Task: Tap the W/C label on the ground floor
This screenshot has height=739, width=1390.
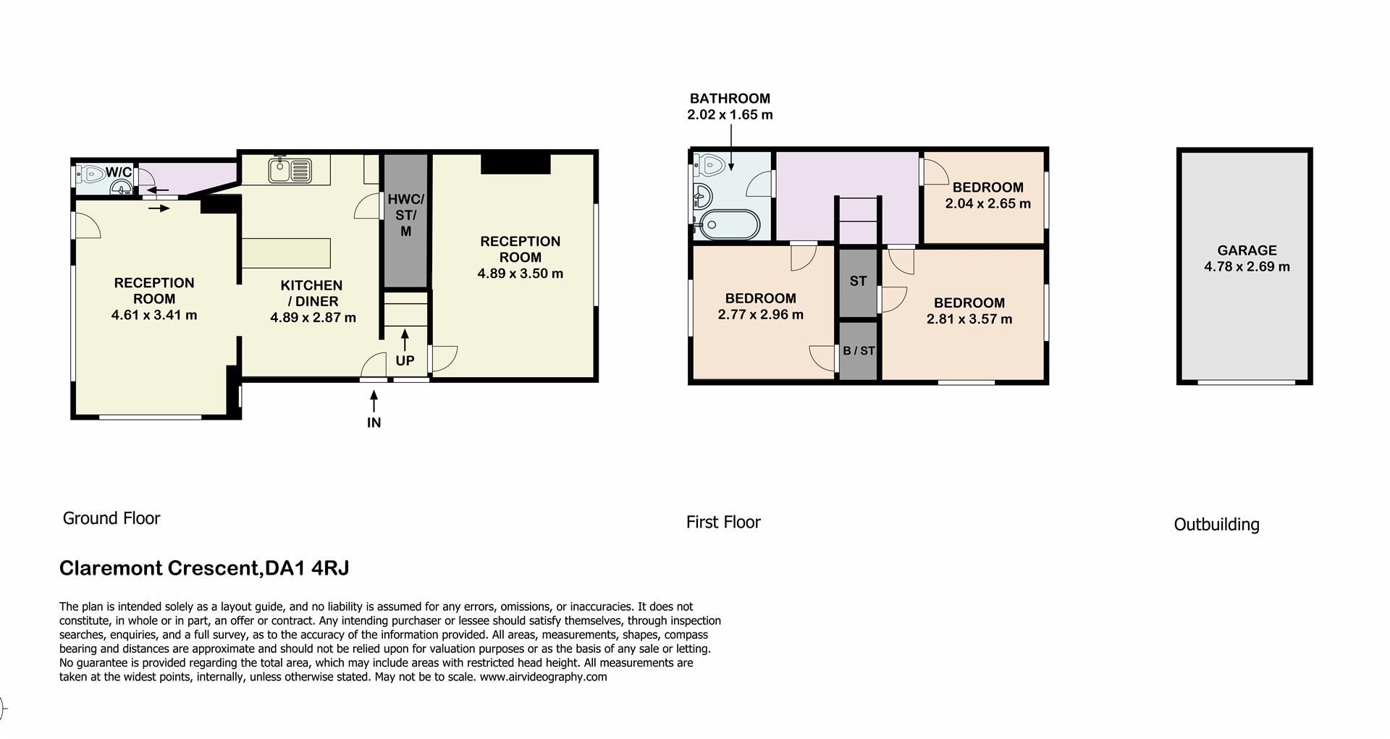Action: click(119, 172)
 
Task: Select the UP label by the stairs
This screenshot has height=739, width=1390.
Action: click(405, 360)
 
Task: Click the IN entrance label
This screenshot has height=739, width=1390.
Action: click(374, 423)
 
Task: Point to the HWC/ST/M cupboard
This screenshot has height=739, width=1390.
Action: click(405, 216)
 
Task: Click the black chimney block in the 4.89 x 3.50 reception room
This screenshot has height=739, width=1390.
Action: click(515, 164)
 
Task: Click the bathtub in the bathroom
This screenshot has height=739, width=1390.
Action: click(726, 225)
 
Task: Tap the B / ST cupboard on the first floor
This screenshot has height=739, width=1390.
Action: click(859, 351)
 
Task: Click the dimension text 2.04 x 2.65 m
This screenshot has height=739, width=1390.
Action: click(987, 203)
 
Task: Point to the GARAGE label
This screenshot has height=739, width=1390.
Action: click(1247, 250)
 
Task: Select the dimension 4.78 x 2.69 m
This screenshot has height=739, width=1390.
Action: click(1247, 266)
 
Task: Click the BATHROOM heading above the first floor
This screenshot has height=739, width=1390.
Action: click(730, 98)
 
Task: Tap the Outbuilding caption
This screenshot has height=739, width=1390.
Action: click(1216, 525)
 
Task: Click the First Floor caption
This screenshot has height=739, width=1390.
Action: click(723, 522)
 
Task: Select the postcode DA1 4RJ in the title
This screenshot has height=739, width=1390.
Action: click(307, 568)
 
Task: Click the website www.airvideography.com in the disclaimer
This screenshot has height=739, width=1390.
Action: click(543, 677)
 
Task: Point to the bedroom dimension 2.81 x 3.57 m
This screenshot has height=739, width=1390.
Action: click(969, 319)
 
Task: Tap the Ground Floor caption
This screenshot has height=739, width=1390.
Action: click(111, 518)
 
